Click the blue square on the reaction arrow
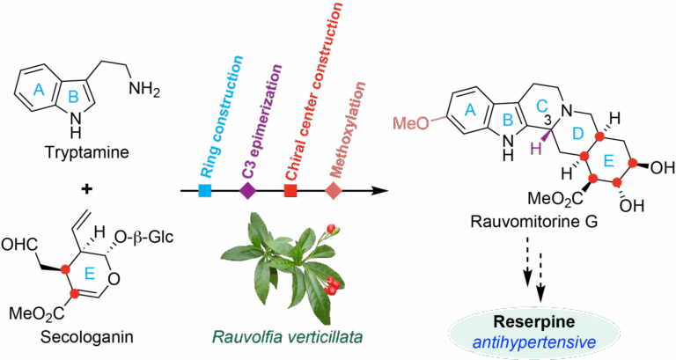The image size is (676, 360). (205, 190)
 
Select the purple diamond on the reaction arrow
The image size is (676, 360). (248, 190)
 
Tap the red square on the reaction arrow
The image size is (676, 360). (291, 190)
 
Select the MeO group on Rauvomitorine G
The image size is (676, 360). (411, 124)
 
